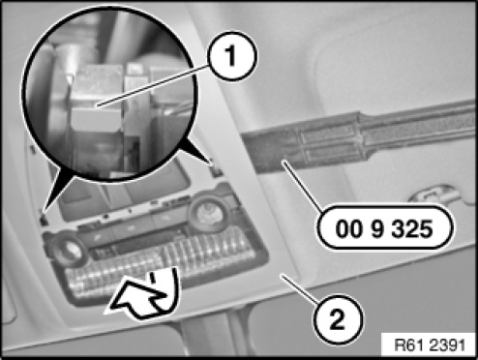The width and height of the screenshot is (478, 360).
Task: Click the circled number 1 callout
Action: click(232, 56)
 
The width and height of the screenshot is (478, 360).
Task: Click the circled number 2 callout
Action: click(338, 319)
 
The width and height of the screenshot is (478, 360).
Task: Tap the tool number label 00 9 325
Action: click(384, 228)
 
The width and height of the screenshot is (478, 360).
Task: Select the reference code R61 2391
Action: click(430, 345)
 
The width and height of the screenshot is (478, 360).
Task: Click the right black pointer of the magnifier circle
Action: click(194, 149)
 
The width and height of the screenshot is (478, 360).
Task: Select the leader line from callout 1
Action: click(153, 85)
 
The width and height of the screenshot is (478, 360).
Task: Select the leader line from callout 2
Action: click(301, 288)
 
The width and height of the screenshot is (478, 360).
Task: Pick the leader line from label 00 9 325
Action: click(303, 187)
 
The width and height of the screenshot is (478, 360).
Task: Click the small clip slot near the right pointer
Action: click(217, 168)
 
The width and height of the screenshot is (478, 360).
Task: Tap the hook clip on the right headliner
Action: click(433, 193)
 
